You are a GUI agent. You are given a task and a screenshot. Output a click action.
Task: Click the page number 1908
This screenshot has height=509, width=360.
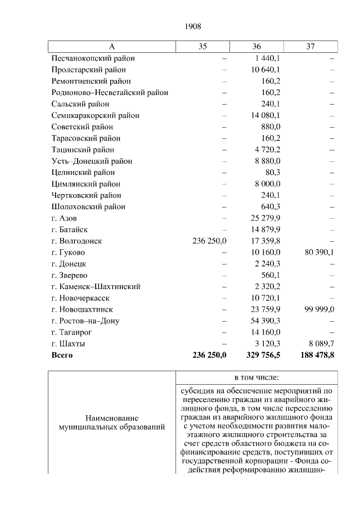(x=193, y=26)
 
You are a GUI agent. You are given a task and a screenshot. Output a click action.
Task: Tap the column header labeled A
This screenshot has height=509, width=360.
(x=111, y=47)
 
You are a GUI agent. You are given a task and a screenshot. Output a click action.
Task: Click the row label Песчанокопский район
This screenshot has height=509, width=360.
(x=93, y=58)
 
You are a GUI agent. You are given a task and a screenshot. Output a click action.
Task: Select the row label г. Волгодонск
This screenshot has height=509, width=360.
(x=76, y=241)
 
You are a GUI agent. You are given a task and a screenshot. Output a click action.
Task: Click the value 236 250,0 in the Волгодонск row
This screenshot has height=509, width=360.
(x=209, y=241)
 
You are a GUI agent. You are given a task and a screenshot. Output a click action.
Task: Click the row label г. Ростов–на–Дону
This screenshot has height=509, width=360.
(x=85, y=321)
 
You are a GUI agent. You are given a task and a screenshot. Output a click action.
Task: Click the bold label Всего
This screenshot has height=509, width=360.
(x=62, y=355)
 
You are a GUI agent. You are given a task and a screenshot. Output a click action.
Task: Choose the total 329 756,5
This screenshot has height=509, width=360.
(x=263, y=355)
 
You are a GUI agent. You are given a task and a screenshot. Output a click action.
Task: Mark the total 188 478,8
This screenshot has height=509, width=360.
(x=316, y=355)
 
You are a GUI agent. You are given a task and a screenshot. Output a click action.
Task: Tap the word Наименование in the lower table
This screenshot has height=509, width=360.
(x=112, y=418)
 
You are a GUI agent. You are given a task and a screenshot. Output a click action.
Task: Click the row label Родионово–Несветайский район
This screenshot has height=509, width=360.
(x=110, y=92)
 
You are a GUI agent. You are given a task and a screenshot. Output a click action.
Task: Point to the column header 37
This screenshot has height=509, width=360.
(x=310, y=47)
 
